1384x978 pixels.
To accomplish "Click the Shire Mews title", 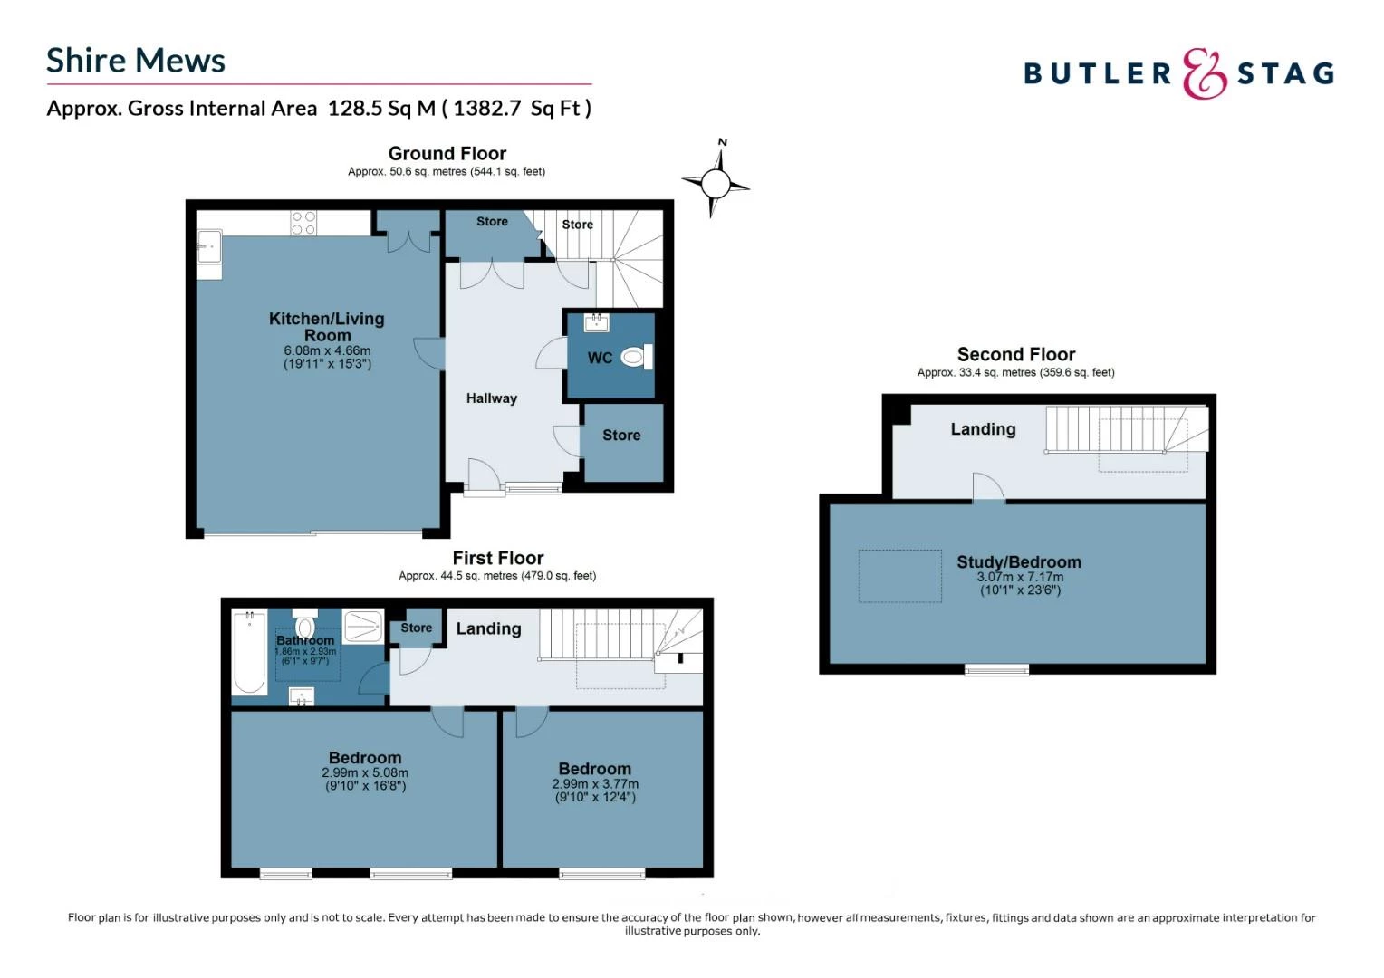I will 136,61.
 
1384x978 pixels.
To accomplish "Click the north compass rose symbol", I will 715,184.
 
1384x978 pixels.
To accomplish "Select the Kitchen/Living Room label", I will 326,327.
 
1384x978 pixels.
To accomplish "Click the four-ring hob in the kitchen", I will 303,223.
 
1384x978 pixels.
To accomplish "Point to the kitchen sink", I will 208,246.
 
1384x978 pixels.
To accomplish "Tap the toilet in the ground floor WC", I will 635,358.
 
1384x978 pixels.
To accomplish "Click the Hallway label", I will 491,398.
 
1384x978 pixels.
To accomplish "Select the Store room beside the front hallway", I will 621,436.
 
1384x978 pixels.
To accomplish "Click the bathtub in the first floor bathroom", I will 249,652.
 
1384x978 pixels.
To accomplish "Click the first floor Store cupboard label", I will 416,628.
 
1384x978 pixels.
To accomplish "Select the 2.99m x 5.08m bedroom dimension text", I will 365,773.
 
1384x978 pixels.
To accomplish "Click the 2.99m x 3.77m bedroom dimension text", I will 595,784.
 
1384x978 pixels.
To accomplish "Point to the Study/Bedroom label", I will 1019,562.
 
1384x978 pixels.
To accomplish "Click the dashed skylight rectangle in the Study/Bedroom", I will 899,576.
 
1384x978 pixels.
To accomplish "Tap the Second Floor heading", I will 1015,355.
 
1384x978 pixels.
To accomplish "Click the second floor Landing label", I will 983,429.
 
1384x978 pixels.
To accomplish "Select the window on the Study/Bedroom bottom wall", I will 996,670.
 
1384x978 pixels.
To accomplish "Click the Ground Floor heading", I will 447,154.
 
